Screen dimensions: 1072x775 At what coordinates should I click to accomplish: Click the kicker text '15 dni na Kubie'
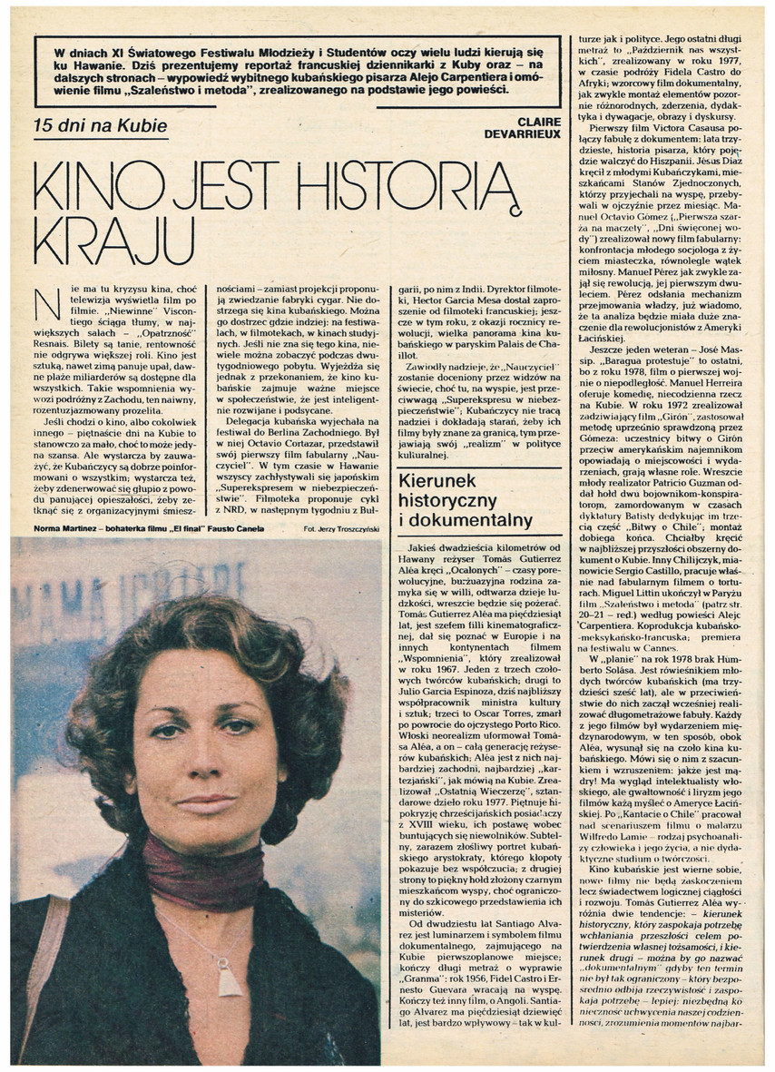pos(99,126)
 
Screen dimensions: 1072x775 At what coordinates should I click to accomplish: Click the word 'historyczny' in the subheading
pos(441,502)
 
